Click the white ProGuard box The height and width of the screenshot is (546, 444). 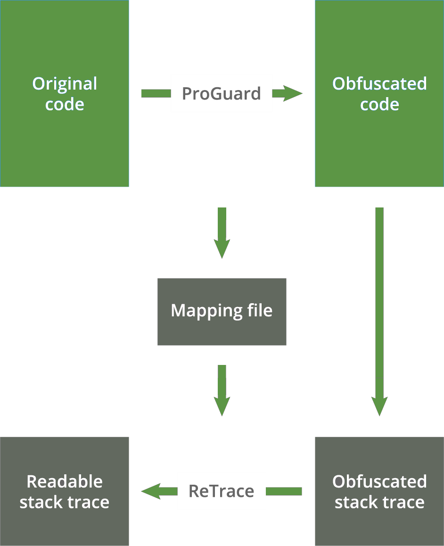point(221,93)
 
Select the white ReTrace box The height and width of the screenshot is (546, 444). point(221,491)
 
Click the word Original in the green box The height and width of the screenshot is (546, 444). point(65,83)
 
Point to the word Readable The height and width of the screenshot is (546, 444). point(65,481)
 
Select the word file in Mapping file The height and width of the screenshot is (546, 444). point(260,310)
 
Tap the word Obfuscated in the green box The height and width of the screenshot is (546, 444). point(379,83)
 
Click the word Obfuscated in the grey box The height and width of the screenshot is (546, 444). point(379,481)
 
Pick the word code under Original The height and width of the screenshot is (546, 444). point(65,104)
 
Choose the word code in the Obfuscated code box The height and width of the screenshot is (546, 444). point(379,104)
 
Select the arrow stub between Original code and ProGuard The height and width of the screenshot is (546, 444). point(156,93)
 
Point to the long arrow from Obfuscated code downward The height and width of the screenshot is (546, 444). point(379,306)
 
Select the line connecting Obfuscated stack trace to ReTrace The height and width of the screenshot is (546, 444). point(284,491)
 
